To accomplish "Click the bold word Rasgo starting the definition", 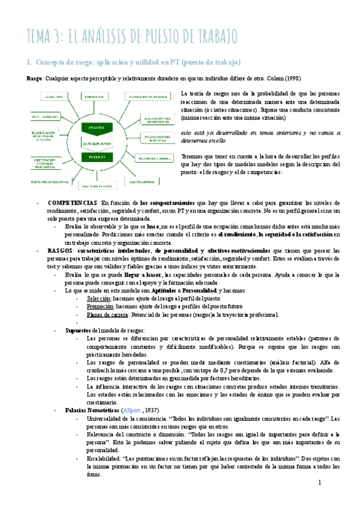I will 35,79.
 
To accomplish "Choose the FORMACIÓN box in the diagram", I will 96,96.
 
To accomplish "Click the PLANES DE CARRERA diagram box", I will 147,158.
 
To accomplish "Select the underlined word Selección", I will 99,298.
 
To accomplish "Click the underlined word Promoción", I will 100,306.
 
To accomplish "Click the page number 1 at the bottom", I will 320,483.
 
